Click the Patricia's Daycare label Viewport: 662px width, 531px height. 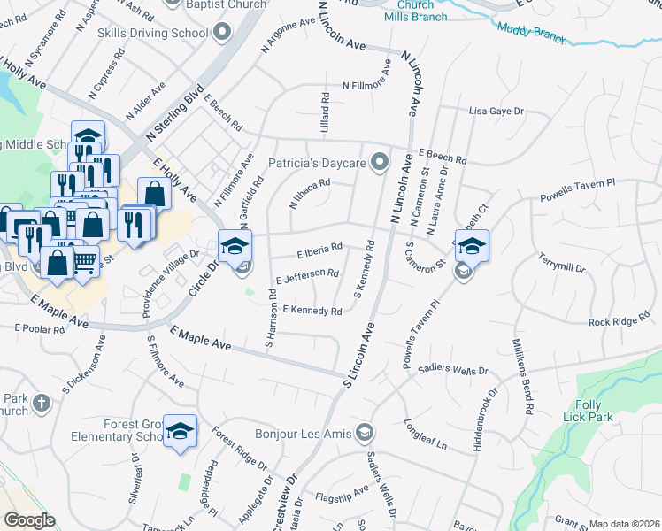(x=317, y=164)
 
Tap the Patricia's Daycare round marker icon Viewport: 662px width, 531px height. (x=381, y=161)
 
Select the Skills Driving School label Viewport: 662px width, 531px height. (x=154, y=33)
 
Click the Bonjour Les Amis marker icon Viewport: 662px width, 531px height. (x=363, y=433)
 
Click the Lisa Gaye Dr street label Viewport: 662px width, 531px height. (x=496, y=112)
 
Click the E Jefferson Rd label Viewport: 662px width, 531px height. (x=307, y=277)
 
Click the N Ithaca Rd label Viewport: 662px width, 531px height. (x=310, y=194)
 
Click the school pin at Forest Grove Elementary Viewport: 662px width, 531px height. (x=181, y=432)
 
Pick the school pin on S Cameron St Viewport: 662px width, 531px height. (x=472, y=248)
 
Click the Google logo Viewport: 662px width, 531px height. (x=30, y=519)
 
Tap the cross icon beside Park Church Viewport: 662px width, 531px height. (x=41, y=404)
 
